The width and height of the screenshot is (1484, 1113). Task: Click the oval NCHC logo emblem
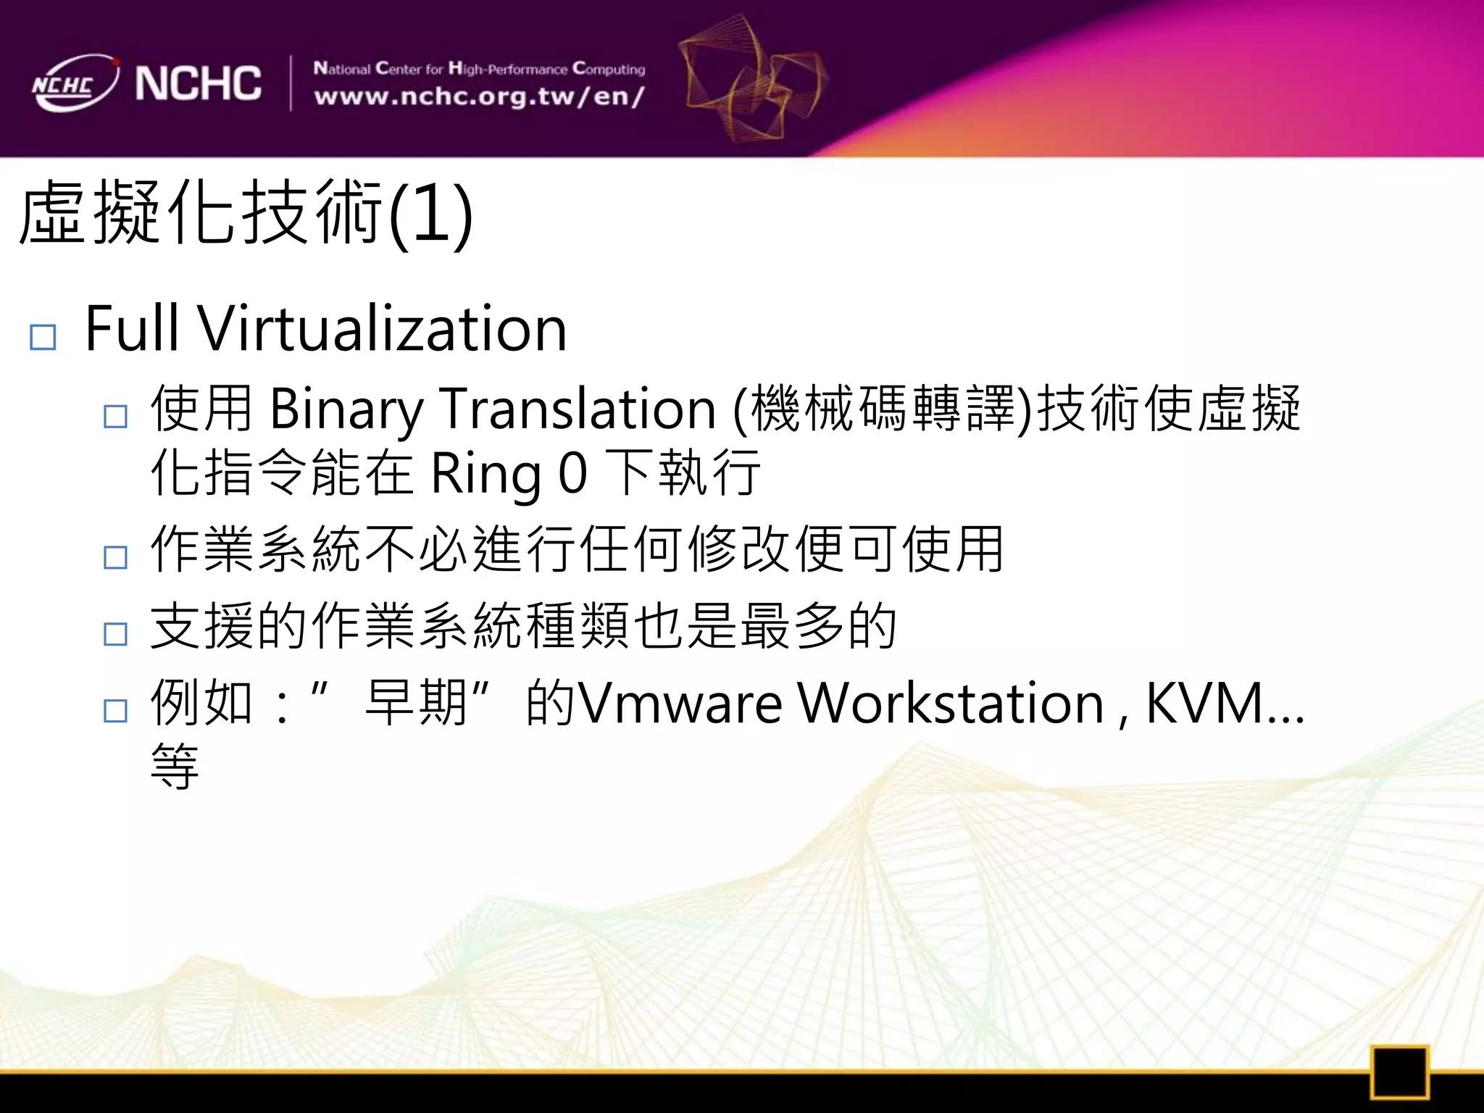point(74,83)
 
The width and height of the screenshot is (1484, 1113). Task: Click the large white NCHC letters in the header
point(198,83)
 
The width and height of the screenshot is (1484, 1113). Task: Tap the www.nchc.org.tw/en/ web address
point(479,96)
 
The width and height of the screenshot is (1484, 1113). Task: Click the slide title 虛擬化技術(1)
point(246,214)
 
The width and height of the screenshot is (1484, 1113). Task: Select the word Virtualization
point(383,330)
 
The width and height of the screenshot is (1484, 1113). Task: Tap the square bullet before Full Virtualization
point(43,338)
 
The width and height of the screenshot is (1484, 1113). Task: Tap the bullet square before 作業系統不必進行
point(115,557)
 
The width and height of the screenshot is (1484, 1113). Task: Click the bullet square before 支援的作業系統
point(115,634)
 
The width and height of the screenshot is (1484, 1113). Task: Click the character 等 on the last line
point(175,766)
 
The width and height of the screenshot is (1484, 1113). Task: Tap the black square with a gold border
point(1398,1072)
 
